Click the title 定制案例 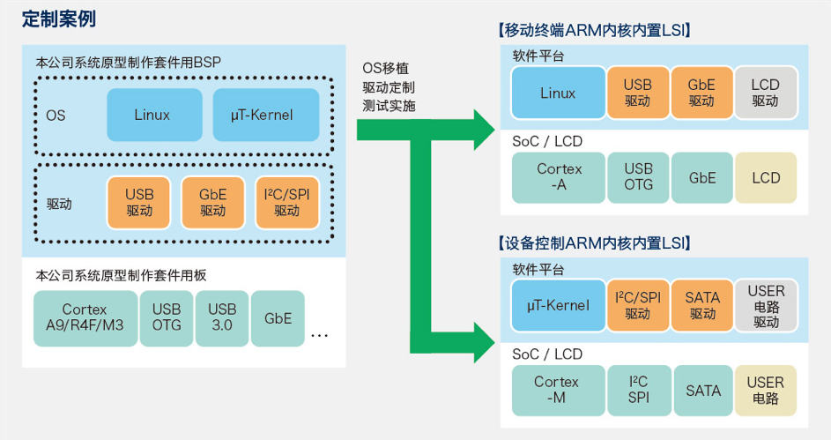[x=59, y=19]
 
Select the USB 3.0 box [x=222, y=318]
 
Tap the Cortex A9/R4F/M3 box [x=85, y=318]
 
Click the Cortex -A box [x=559, y=177]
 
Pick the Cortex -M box [x=559, y=390]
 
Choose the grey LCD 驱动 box [x=766, y=93]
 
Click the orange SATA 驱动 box [x=702, y=305]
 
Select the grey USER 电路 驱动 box [x=766, y=305]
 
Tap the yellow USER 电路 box [x=766, y=390]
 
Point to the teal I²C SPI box [x=639, y=390]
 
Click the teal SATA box [x=702, y=390]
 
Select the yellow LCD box [x=766, y=177]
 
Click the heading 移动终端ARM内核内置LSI [x=595, y=30]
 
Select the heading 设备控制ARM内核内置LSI [x=595, y=243]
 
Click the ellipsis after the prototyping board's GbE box [x=320, y=336]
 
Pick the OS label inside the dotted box [x=56, y=115]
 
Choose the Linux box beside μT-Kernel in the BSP [x=154, y=115]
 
